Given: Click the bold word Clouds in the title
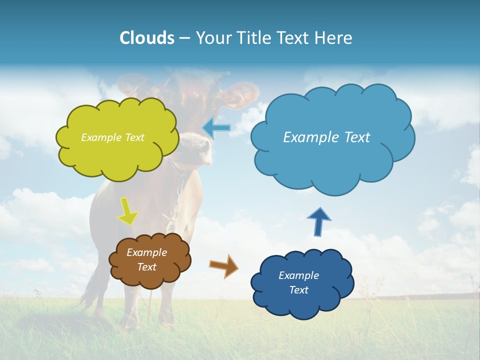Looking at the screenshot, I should coord(146,38).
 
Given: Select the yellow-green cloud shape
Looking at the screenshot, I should coord(117,150).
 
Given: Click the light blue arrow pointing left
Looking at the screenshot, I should coord(216,128).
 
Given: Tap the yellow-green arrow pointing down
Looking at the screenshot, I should coord(128,212).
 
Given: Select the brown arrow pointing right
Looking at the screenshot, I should coord(224,265).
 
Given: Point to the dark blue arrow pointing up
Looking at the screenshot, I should coord(319,221).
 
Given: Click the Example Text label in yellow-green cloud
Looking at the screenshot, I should coord(112,137).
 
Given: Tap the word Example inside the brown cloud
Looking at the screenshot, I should coord(146,252).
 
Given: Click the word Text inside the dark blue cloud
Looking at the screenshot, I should coord(298,290).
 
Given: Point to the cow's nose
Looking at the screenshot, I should coord(197,147).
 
